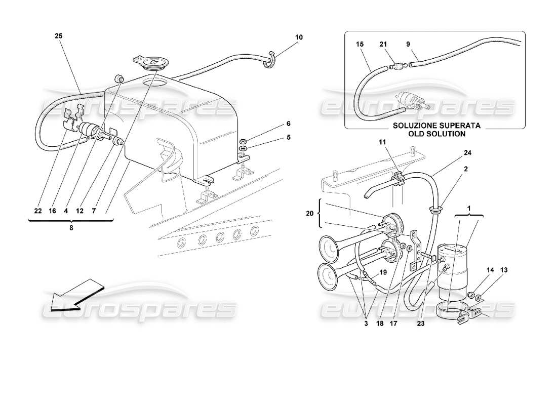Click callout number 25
tap(58, 36)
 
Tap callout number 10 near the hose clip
tap(299, 37)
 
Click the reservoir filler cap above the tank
tap(151, 63)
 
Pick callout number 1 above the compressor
tap(468, 208)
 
